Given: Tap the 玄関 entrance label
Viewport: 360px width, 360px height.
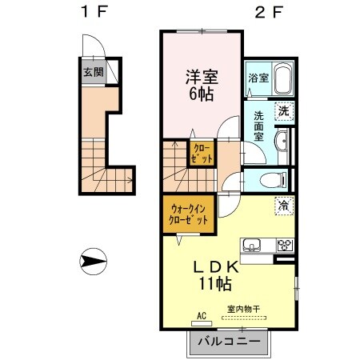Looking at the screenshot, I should click(x=93, y=72).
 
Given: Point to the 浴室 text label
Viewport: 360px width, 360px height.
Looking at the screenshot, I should click(x=258, y=79).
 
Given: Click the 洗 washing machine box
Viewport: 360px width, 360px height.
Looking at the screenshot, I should click(x=282, y=112).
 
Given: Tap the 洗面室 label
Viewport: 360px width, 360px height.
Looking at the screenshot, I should click(x=258, y=126).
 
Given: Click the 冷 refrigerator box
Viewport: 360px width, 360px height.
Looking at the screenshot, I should click(x=282, y=206).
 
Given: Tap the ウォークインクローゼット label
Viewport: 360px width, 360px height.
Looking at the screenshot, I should click(x=189, y=214).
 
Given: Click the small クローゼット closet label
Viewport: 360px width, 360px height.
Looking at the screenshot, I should click(x=202, y=154).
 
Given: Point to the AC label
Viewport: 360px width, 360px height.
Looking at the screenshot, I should click(x=202, y=317).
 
